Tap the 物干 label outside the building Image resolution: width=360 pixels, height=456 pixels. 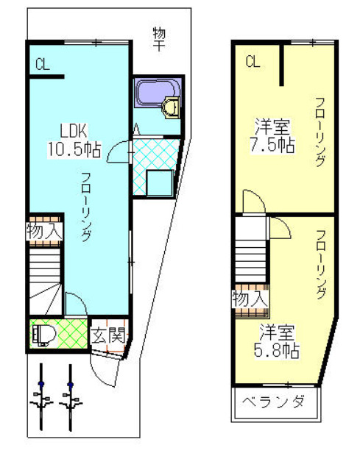158,38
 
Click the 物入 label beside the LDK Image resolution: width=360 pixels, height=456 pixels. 44,230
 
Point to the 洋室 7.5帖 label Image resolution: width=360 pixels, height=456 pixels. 275,134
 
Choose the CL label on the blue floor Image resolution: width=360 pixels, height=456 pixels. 41,64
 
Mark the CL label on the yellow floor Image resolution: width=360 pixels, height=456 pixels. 253,62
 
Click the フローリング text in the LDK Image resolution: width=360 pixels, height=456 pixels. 86,207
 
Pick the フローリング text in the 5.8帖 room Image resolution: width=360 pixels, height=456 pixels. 320,265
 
